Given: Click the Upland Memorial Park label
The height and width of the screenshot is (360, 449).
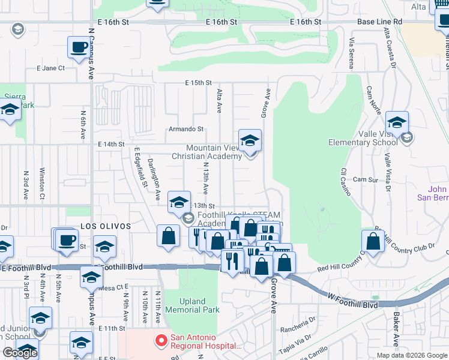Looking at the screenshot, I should pyautogui.click(x=200, y=305).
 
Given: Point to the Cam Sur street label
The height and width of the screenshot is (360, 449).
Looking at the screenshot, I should pyautogui.click(x=381, y=179).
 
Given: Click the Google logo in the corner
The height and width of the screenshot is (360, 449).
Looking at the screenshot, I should pyautogui.click(x=20, y=353).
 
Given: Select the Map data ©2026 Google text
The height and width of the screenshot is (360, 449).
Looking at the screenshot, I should pyautogui.click(x=411, y=355).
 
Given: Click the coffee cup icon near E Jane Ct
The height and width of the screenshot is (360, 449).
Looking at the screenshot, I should pyautogui.click(x=78, y=47).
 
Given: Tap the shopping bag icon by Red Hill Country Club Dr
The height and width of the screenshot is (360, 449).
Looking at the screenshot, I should pyautogui.click(x=373, y=241).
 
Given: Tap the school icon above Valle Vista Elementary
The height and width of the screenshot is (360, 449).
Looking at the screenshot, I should pyautogui.click(x=397, y=123).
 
